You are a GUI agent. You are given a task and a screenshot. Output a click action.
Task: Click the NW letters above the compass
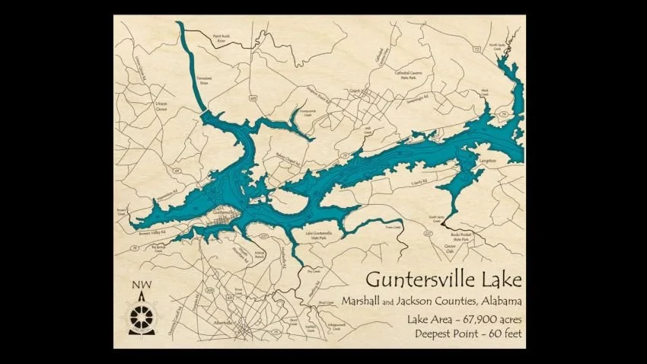pos(141,288)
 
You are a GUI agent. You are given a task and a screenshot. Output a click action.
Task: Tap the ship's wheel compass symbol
pos(141,316)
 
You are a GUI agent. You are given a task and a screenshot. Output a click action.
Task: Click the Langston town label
pos(487,161)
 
